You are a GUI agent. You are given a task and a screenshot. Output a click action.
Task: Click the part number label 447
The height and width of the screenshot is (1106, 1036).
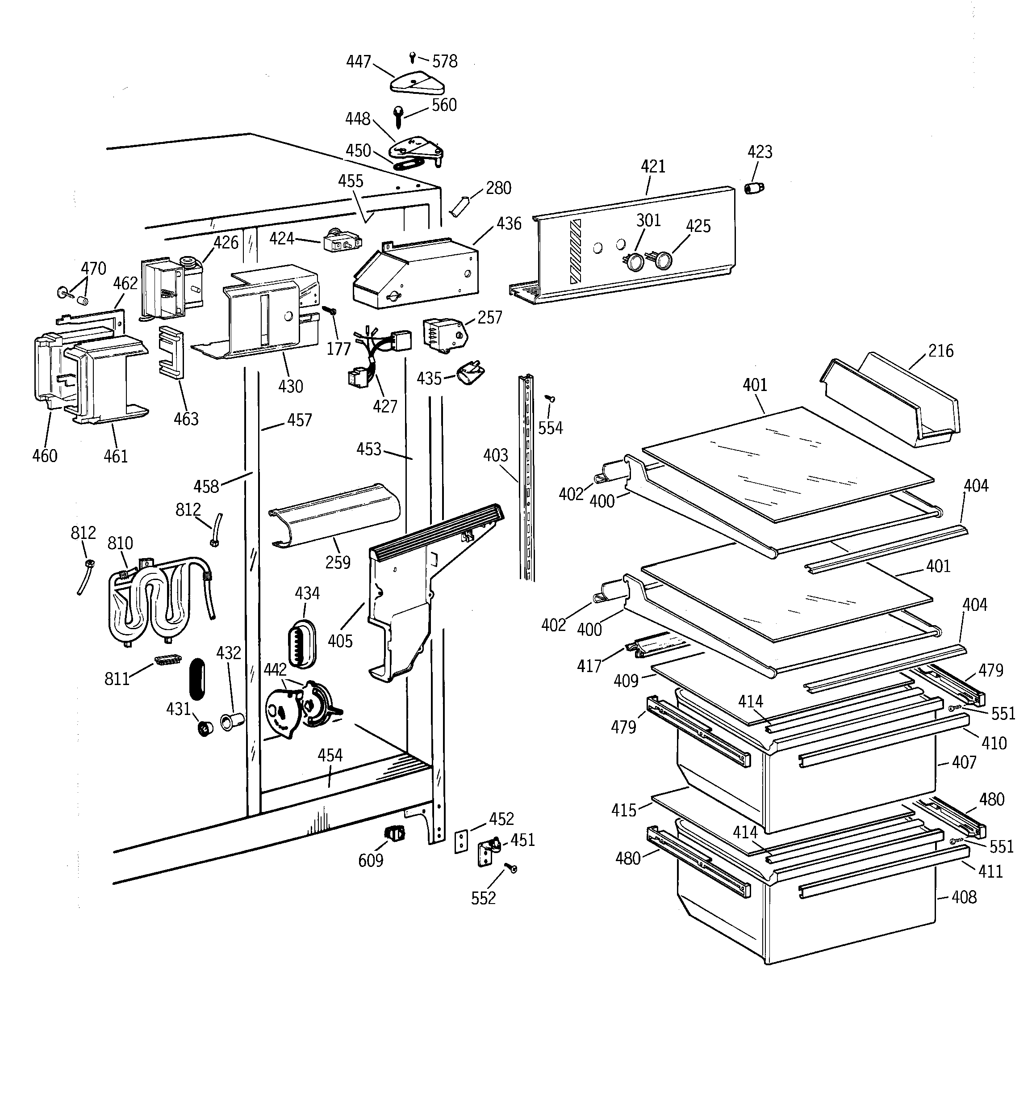pyautogui.click(x=358, y=61)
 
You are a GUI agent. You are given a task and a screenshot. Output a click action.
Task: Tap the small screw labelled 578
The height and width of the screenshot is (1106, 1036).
pyautogui.click(x=412, y=56)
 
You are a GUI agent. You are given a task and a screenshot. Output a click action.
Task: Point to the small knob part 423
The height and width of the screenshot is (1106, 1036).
pyautogui.click(x=753, y=188)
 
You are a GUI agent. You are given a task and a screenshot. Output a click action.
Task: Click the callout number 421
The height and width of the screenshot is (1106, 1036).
pyautogui.click(x=653, y=166)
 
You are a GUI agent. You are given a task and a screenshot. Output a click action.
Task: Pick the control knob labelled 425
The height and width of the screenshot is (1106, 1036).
pyautogui.click(x=661, y=260)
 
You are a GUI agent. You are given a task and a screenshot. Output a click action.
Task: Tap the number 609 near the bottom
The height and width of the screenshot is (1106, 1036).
pyautogui.click(x=370, y=860)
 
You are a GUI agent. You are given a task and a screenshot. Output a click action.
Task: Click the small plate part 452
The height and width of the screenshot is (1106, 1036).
pyautogui.click(x=461, y=842)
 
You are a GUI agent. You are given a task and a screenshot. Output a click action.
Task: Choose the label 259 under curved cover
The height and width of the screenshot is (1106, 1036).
pyautogui.click(x=338, y=563)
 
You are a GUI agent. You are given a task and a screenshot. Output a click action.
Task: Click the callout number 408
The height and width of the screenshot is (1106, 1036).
pyautogui.click(x=964, y=897)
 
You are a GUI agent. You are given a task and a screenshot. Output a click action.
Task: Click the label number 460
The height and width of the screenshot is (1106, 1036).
pyautogui.click(x=45, y=456)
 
